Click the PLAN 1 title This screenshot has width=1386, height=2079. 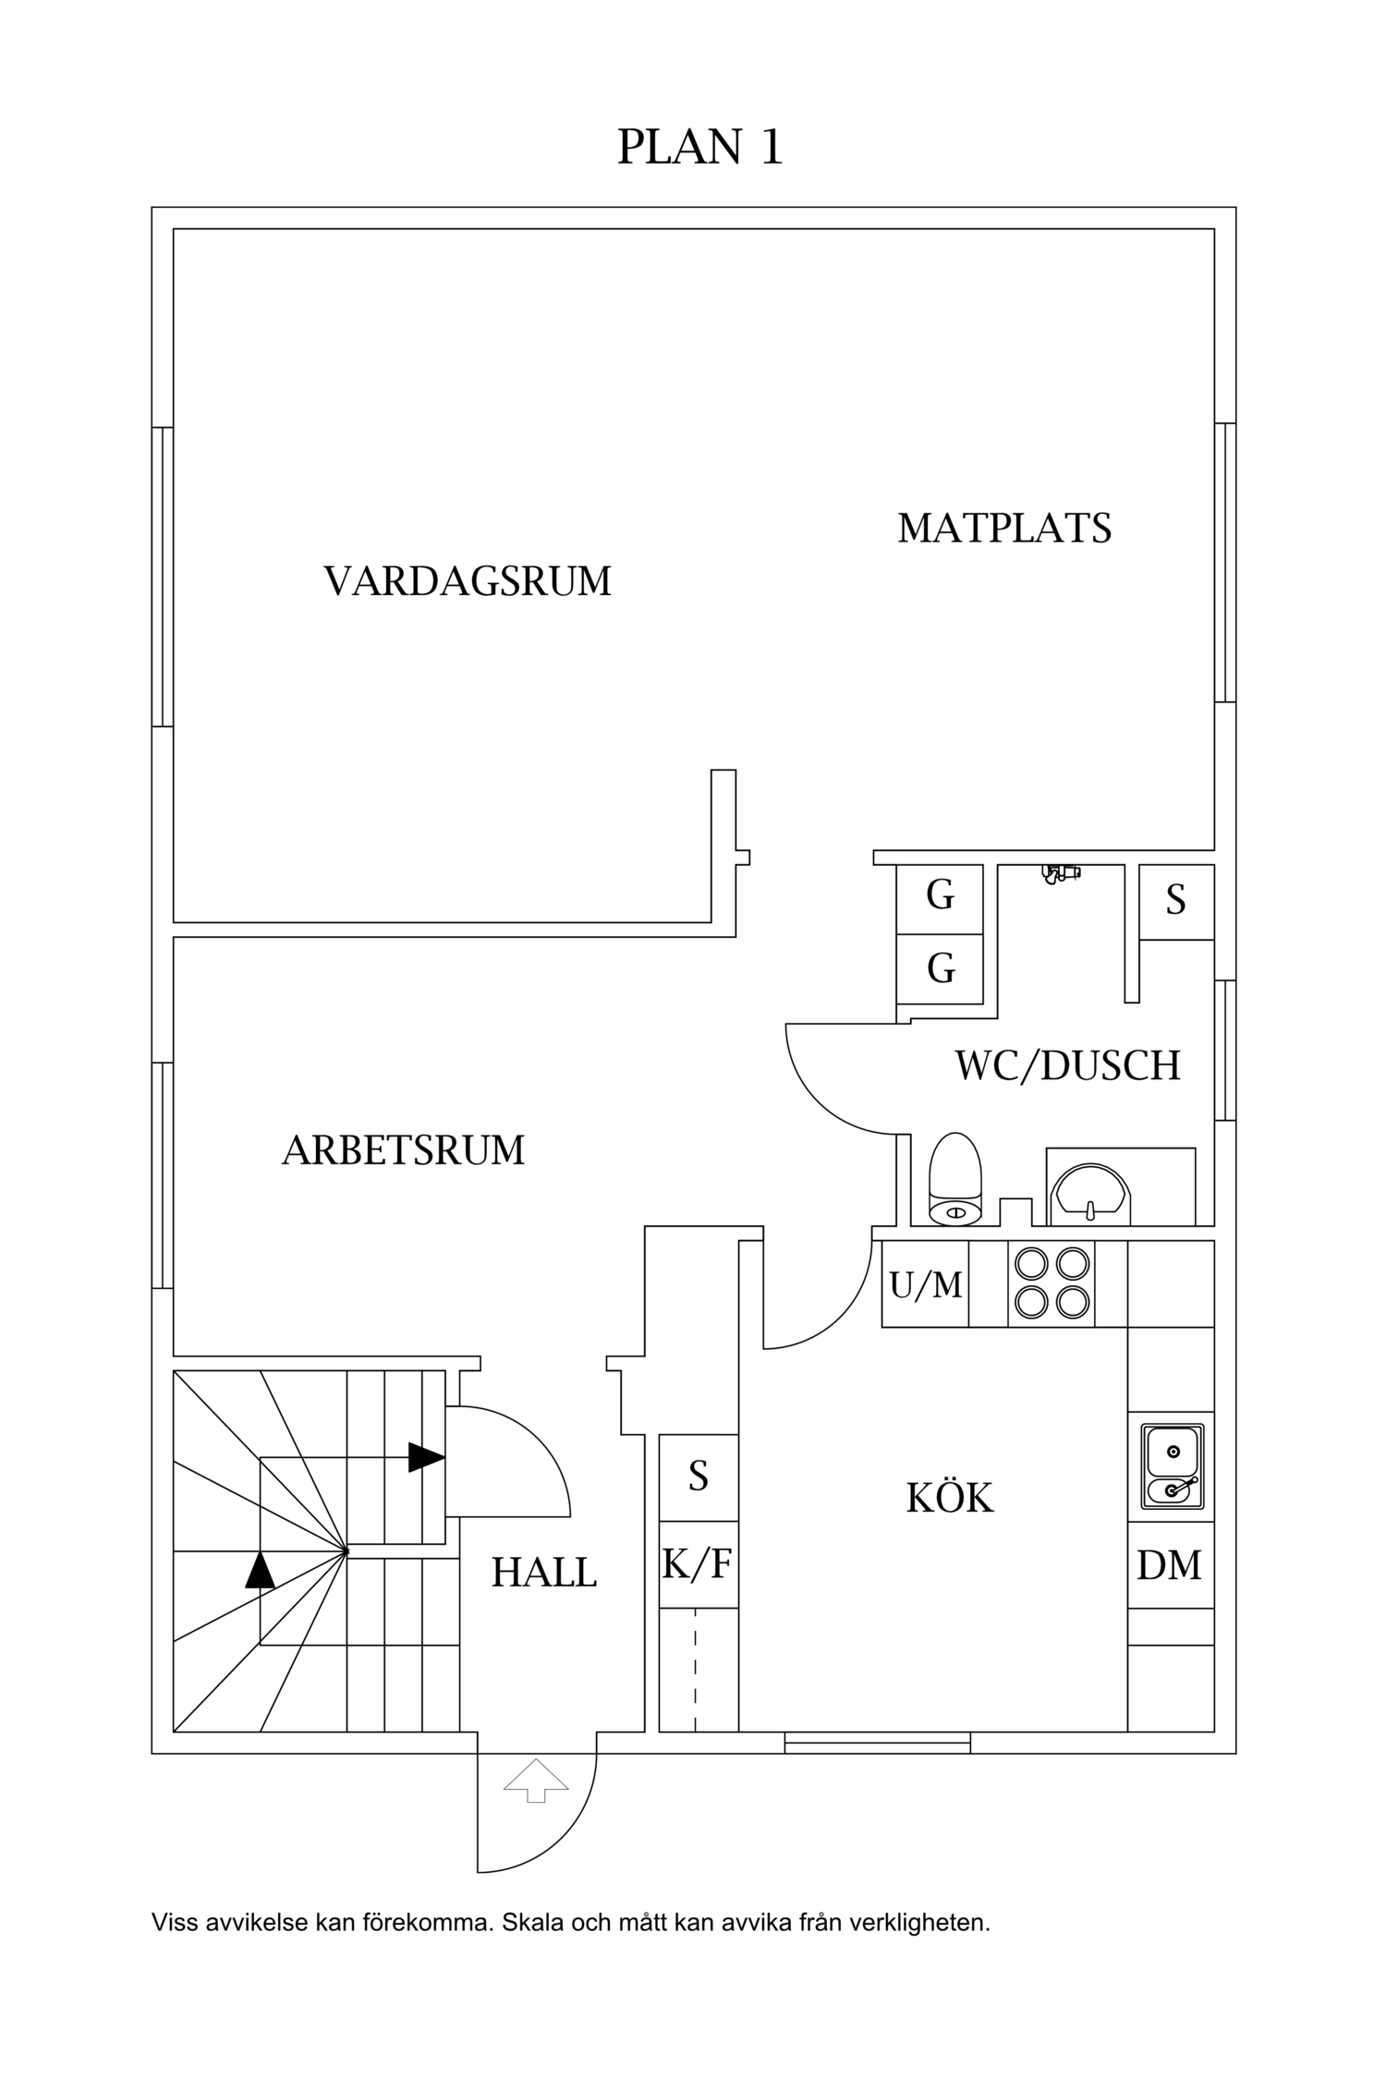tap(699, 147)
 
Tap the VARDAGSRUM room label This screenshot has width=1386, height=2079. tap(468, 581)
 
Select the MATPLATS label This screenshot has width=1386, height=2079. tap(1004, 528)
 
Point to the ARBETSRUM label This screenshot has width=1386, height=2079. tap(403, 1150)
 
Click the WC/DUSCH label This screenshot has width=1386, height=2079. tap(1067, 1065)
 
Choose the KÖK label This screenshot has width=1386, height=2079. tap(950, 1498)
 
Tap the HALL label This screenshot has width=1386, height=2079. tap(543, 1573)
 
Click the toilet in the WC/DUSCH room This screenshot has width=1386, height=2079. tap(957, 1180)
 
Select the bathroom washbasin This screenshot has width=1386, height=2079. tap(1092, 1192)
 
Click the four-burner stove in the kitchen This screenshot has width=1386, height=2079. tap(1051, 1283)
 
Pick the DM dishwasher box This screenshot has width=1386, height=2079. tap(1170, 1565)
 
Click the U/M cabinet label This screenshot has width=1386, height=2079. tap(925, 1284)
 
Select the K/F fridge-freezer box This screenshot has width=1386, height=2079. tap(698, 1564)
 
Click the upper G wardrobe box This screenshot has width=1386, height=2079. tap(940, 895)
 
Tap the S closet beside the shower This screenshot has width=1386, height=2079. tap(1175, 901)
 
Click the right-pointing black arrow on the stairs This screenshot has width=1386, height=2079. tap(426, 1457)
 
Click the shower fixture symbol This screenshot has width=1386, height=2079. tap(1060, 872)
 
